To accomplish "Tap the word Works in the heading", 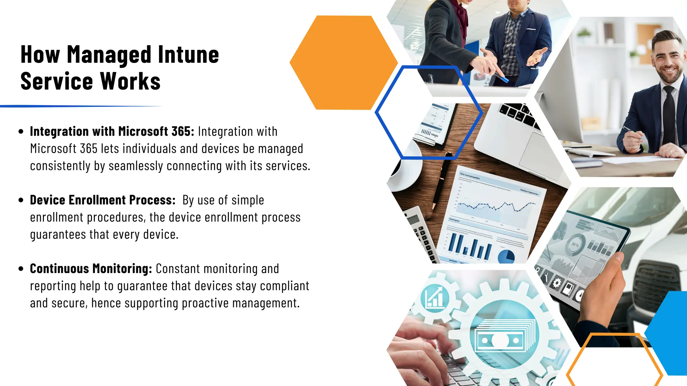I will click(130, 81).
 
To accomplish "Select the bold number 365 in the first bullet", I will click(181, 131).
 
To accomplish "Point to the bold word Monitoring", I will click(122, 269).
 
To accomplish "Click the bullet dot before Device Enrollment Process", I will click(21, 200).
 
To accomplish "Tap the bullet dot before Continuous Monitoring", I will click(21, 269).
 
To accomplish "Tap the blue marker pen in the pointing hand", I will click(502, 79).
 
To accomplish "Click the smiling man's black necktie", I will click(668, 117).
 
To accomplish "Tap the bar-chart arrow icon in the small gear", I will click(434, 297).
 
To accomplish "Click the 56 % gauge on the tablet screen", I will click(576, 245).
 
